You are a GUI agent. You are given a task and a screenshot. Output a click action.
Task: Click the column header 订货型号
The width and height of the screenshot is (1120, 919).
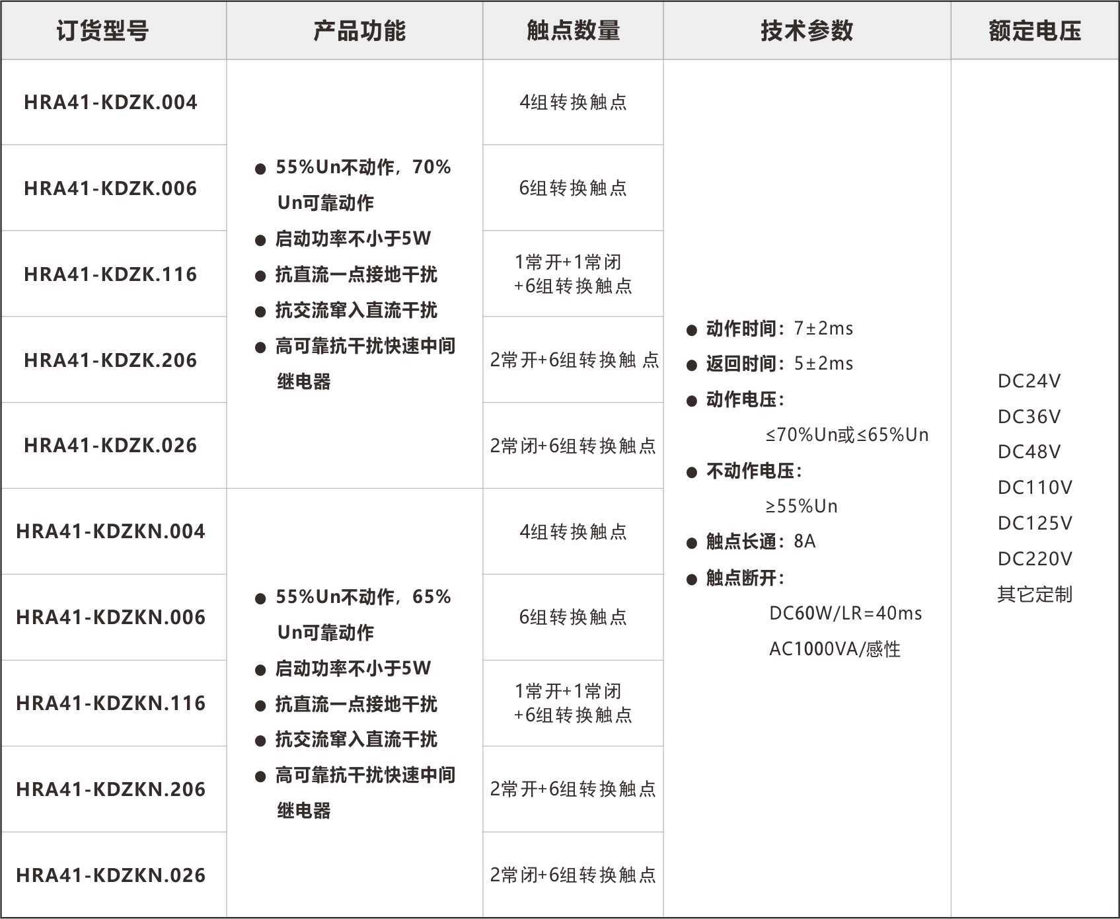point(102,30)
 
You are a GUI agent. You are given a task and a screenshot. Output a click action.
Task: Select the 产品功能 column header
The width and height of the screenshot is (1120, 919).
point(359,30)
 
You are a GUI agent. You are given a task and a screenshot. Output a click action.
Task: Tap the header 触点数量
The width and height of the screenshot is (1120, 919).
point(574,30)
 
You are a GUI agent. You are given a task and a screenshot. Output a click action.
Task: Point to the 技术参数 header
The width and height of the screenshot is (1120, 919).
point(807,30)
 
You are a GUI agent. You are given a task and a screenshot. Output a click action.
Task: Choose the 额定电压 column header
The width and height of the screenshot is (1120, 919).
point(1035,30)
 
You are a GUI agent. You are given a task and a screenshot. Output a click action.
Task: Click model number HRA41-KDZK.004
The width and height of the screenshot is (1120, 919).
point(110,102)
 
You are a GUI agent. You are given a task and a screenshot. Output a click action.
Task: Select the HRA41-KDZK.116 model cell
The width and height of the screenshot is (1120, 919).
point(110,274)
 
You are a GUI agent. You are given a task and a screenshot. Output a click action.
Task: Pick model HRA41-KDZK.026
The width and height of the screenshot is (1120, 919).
point(110,446)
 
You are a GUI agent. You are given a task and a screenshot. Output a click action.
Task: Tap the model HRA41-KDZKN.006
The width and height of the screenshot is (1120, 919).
point(111,618)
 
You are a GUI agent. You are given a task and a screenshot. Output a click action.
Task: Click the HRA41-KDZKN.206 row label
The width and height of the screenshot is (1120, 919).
point(111,789)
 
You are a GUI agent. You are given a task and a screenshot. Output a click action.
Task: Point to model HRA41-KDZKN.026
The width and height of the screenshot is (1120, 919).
point(111,875)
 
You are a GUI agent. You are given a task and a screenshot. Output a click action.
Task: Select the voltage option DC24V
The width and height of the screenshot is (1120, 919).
point(1029,381)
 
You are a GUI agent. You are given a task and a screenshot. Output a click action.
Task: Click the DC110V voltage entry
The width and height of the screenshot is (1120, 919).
point(1035,488)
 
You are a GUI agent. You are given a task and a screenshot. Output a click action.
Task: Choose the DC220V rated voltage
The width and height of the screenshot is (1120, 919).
point(1035,559)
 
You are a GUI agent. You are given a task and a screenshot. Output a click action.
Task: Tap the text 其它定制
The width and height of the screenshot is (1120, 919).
point(1035,594)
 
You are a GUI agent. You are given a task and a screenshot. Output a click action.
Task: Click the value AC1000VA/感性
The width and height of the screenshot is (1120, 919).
point(835,649)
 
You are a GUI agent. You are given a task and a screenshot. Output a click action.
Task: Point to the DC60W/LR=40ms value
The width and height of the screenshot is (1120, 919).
point(846,614)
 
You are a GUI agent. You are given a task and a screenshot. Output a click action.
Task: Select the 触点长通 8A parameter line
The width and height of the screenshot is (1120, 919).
point(751,541)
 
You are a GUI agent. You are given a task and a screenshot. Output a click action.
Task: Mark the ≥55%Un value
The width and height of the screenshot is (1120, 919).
point(802,506)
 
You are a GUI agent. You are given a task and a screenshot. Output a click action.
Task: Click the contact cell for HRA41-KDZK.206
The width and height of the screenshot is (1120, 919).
point(574,360)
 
